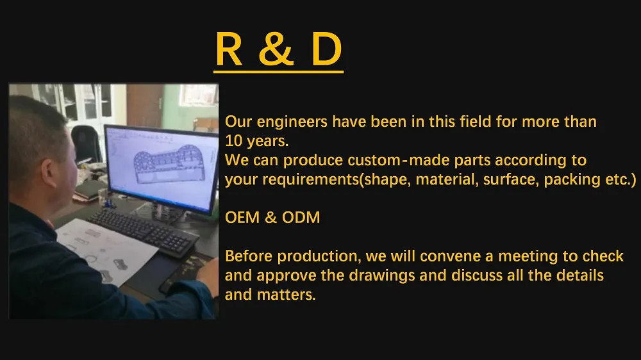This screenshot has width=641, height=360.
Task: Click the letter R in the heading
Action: (229, 50)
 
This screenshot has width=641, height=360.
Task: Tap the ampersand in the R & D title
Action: (276, 50)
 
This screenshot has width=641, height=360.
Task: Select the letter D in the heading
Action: (326, 50)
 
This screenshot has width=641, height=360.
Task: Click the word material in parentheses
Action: (445, 179)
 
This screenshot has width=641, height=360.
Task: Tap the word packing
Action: (568, 179)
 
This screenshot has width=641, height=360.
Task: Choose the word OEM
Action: (242, 218)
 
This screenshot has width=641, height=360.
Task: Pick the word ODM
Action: (301, 218)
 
